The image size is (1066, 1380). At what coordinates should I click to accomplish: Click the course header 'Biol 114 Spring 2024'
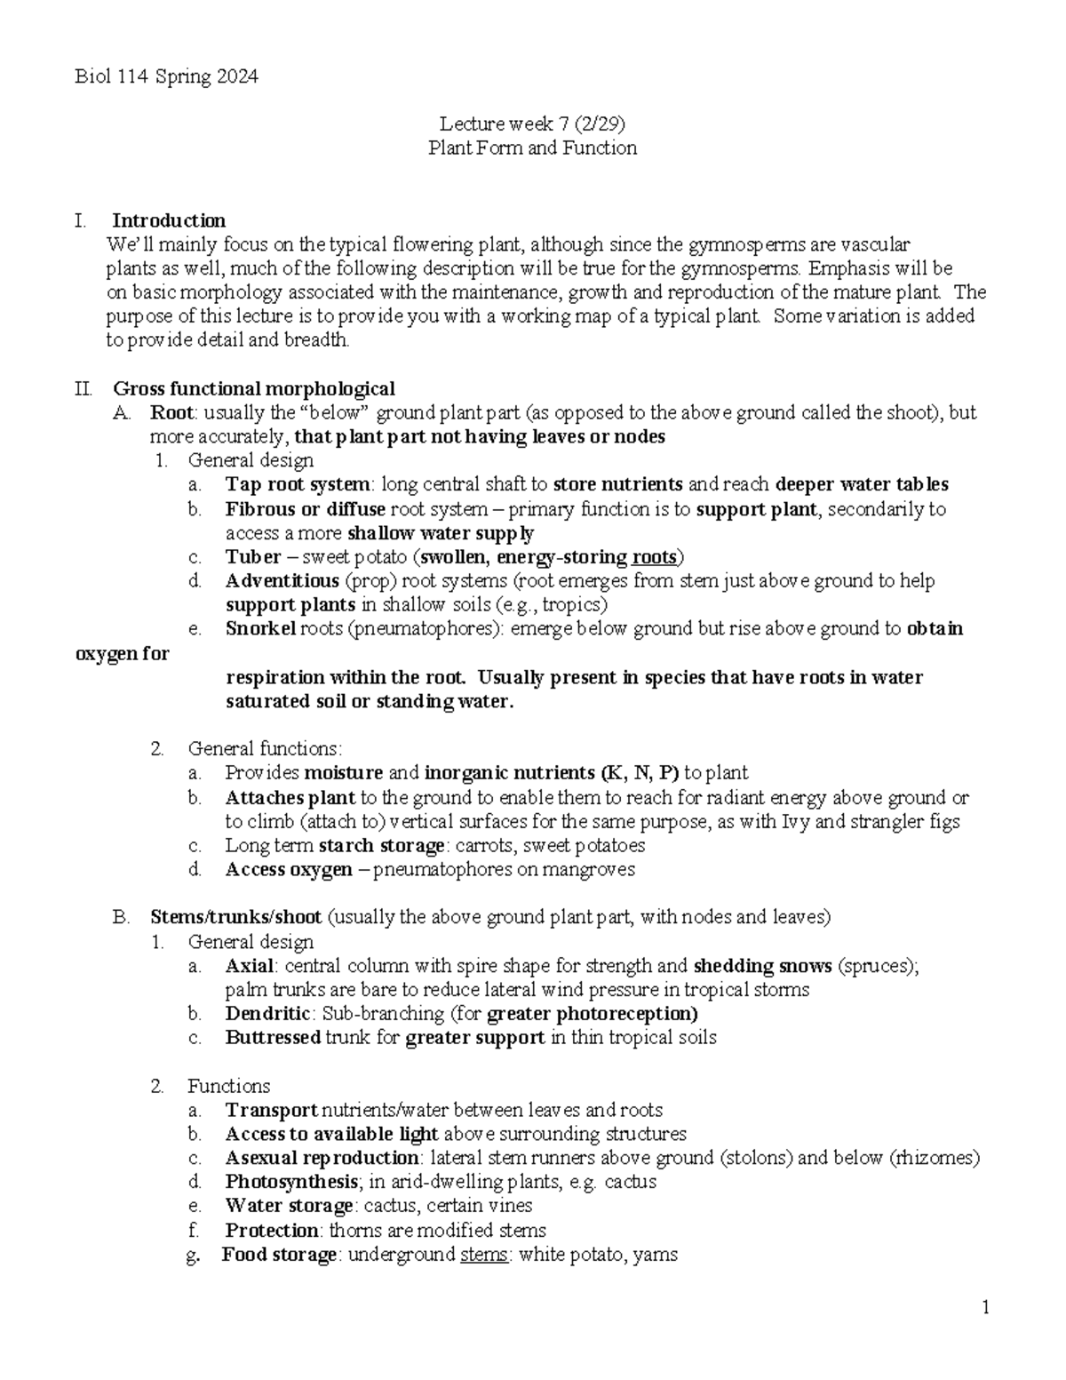pyautogui.click(x=166, y=76)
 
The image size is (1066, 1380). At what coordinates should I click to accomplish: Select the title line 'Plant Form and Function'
pyautogui.click(x=532, y=148)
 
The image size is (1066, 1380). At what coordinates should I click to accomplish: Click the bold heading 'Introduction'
pyautogui.click(x=168, y=220)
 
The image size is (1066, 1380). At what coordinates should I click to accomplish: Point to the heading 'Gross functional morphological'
pyautogui.click(x=254, y=388)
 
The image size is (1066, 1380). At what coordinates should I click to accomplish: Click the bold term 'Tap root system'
pyautogui.click(x=297, y=484)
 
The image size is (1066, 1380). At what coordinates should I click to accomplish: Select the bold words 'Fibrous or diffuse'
pyautogui.click(x=305, y=509)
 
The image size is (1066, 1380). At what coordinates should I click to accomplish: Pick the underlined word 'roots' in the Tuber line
pyautogui.click(x=654, y=557)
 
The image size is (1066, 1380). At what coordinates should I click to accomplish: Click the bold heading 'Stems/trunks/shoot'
pyautogui.click(x=235, y=917)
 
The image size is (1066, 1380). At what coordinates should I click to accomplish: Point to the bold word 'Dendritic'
pyautogui.click(x=267, y=1013)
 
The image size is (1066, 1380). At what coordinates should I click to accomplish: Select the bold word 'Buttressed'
pyautogui.click(x=273, y=1037)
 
